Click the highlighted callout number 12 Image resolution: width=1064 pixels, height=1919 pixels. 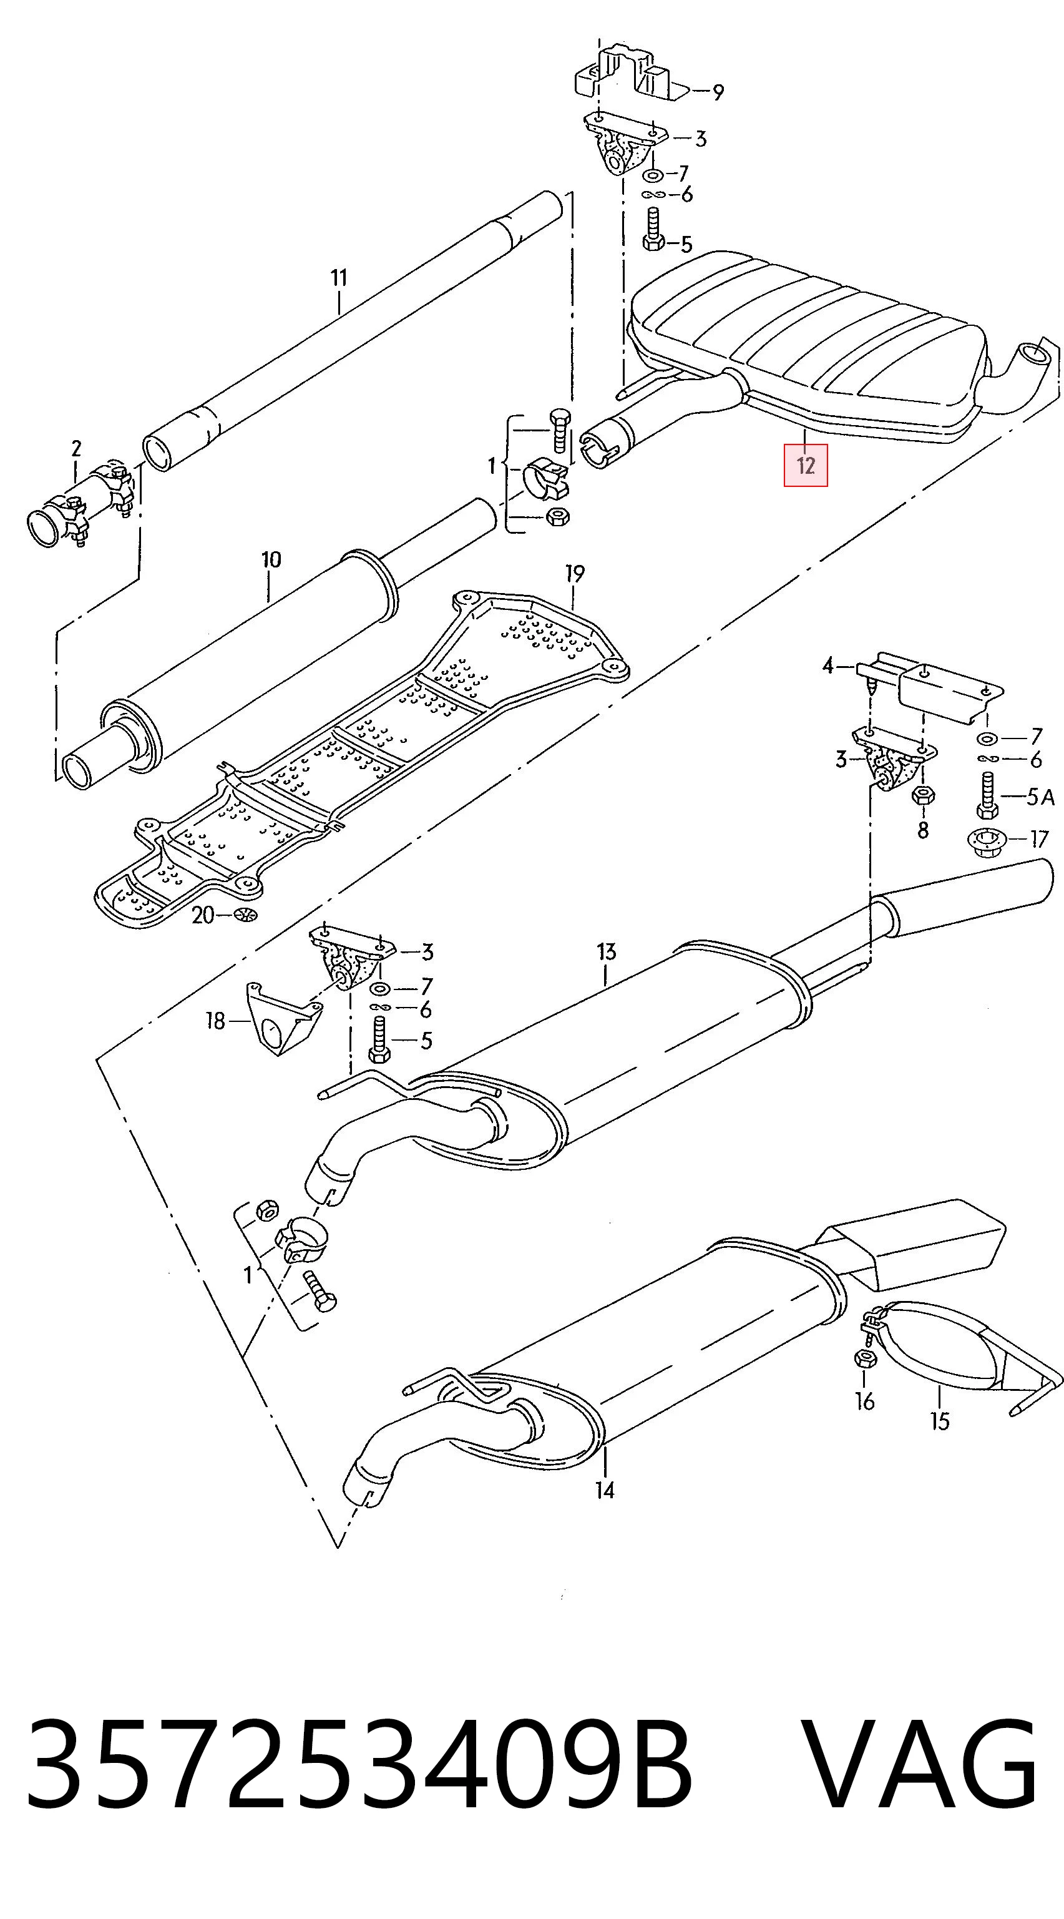point(805,466)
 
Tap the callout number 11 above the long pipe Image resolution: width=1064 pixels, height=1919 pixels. point(339,278)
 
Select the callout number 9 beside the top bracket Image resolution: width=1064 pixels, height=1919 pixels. point(717,92)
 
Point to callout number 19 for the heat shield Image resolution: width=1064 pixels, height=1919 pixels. point(574,574)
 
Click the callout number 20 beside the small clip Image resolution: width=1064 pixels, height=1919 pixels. point(203,915)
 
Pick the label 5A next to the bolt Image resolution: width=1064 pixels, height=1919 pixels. point(1040,797)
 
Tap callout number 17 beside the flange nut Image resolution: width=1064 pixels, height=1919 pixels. point(1038,839)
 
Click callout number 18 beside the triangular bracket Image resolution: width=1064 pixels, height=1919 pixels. point(215,1021)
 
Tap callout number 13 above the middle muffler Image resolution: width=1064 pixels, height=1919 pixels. point(607,951)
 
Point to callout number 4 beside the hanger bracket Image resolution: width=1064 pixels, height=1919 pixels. point(828,665)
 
